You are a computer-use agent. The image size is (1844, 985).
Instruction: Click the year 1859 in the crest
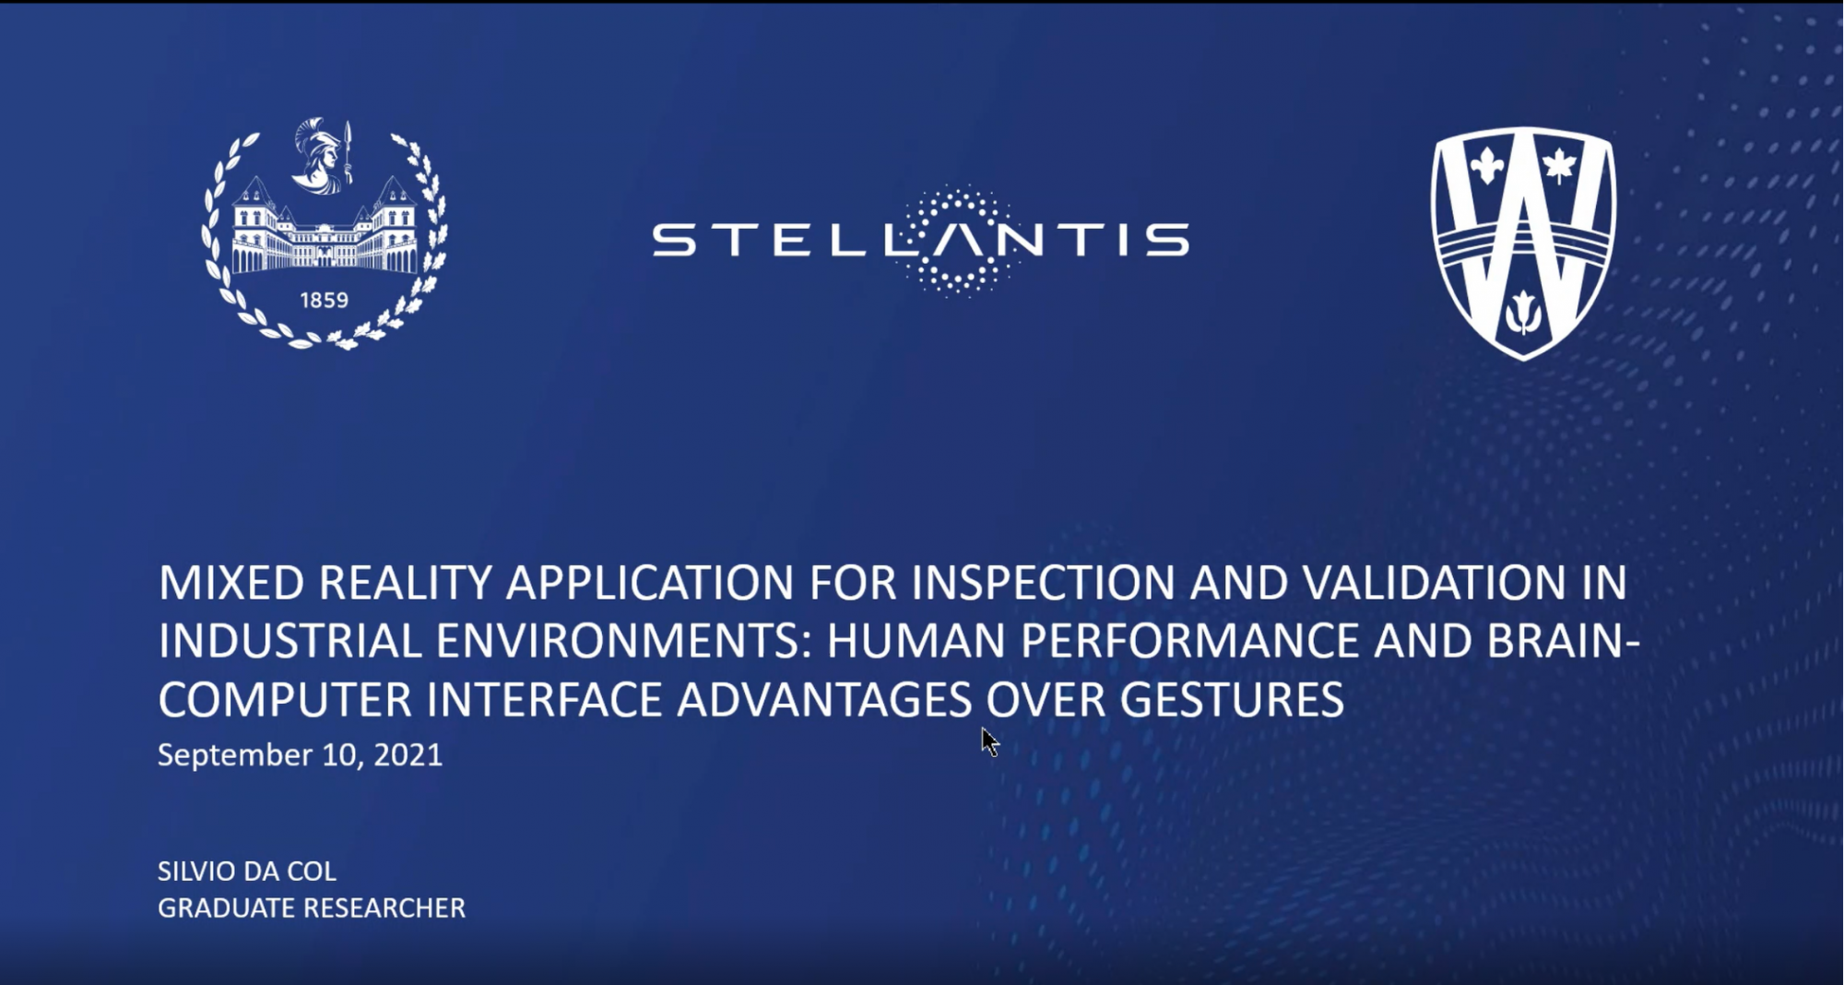tap(324, 301)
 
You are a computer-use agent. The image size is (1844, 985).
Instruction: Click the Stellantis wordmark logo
tap(920, 241)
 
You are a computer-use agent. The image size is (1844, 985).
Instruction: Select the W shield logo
tap(1523, 243)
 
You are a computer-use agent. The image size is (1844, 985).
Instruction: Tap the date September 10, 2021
tap(300, 755)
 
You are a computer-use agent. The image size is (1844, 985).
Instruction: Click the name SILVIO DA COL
tap(247, 871)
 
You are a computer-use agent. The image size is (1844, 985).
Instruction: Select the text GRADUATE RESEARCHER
tap(312, 908)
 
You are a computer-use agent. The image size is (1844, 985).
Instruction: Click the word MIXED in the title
tap(231, 583)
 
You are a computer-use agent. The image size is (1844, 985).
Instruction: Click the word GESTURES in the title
tap(1232, 700)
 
